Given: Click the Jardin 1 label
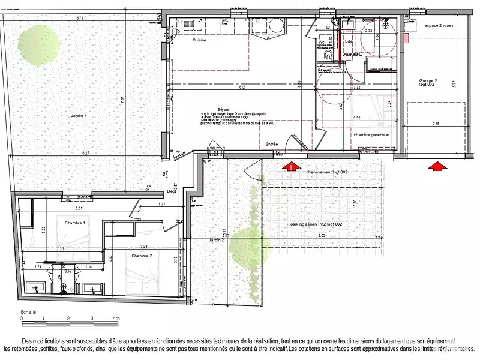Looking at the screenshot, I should click(x=79, y=115).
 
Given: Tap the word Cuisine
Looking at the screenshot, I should click(x=200, y=41).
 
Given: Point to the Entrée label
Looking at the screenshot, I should click(x=272, y=144).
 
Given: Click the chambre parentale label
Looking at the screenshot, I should click(x=371, y=135).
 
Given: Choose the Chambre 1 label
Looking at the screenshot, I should click(x=75, y=223).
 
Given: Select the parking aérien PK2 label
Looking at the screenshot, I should click(x=316, y=224).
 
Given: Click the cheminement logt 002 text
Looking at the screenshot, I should click(x=328, y=172).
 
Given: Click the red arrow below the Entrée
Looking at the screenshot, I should click(x=292, y=166).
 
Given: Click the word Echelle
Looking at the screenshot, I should click(x=29, y=312).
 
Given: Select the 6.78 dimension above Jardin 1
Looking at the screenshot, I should click(x=79, y=18).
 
